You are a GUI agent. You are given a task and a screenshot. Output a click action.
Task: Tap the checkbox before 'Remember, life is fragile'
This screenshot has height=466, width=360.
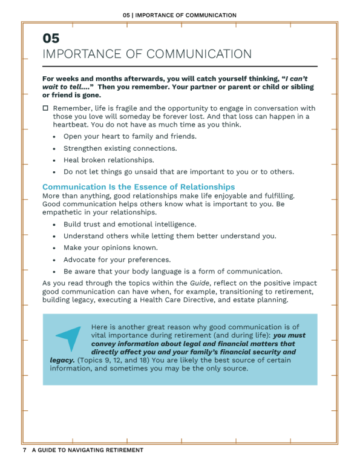45,108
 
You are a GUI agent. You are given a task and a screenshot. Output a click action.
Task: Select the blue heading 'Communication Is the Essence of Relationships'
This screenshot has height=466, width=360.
139,187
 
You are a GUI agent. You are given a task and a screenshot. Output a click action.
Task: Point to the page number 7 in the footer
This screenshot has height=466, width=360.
25,451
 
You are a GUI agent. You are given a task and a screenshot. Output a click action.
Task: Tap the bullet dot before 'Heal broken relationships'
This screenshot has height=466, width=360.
54,160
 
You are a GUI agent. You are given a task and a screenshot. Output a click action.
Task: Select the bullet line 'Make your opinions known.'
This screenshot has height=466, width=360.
110,248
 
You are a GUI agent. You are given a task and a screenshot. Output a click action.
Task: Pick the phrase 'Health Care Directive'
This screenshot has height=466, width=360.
185,300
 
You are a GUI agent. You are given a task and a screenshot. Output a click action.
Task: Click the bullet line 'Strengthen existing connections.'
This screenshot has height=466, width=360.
120,148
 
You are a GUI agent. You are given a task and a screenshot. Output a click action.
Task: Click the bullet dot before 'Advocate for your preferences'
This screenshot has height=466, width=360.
54,260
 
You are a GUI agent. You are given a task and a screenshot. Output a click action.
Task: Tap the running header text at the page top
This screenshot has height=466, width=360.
180,15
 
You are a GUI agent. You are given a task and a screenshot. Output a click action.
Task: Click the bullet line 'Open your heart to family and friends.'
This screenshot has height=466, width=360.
130,137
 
